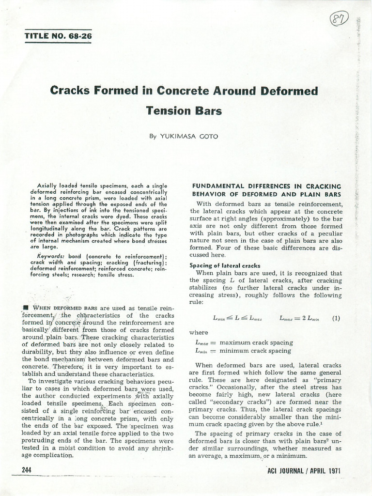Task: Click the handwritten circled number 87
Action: click(x=342, y=20)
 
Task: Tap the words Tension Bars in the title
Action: click(x=184, y=110)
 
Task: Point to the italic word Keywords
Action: click(x=52, y=255)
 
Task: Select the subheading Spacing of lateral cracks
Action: click(x=225, y=265)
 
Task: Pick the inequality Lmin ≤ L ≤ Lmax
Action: click(x=237, y=319)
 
